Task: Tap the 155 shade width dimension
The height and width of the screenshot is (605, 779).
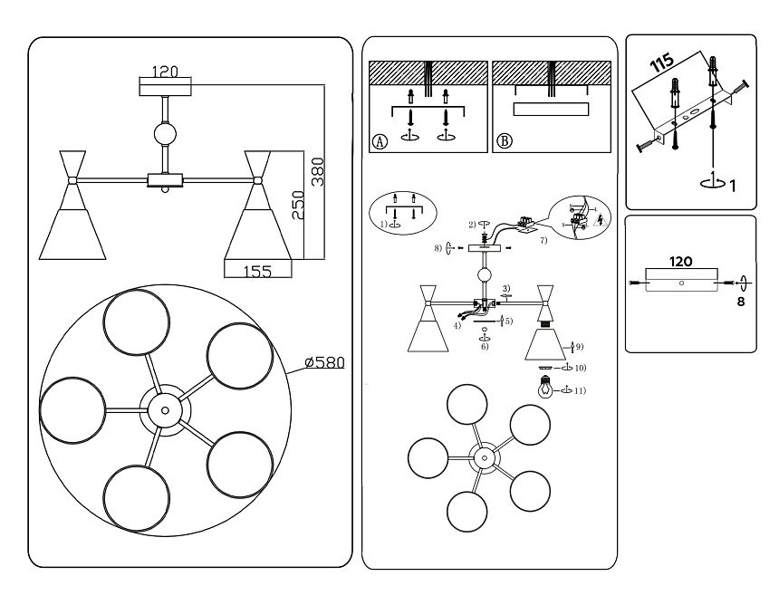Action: click(x=257, y=270)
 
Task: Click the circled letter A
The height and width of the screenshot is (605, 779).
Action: click(x=380, y=140)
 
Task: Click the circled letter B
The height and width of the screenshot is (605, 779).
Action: click(x=505, y=140)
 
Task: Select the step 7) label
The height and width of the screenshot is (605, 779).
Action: click(x=543, y=242)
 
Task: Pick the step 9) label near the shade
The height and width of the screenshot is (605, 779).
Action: click(x=579, y=346)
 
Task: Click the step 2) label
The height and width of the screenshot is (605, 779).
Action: click(x=472, y=223)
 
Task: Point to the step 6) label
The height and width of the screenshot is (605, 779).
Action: click(x=485, y=347)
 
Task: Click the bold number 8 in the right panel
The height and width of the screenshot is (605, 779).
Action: click(x=740, y=303)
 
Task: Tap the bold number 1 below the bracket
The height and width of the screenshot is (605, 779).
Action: click(x=732, y=186)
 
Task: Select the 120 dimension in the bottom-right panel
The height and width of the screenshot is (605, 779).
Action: click(x=681, y=262)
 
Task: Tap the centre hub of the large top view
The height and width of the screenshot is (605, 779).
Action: click(x=165, y=410)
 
